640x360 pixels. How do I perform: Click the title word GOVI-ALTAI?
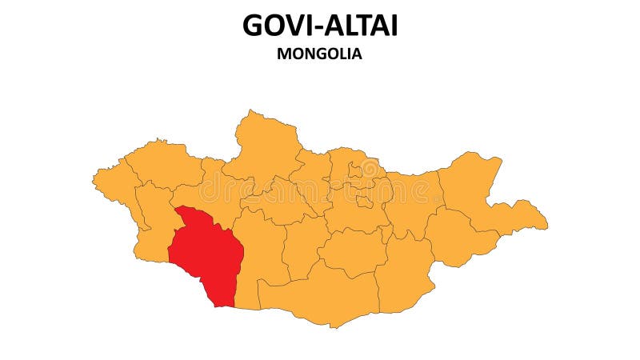320,26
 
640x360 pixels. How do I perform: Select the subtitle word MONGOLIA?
320,54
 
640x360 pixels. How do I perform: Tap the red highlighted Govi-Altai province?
206,254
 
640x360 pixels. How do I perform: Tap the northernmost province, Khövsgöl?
264,144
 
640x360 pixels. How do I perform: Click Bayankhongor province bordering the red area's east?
260,256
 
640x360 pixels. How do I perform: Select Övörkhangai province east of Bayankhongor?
304,244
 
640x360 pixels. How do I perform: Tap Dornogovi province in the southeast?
404,272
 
